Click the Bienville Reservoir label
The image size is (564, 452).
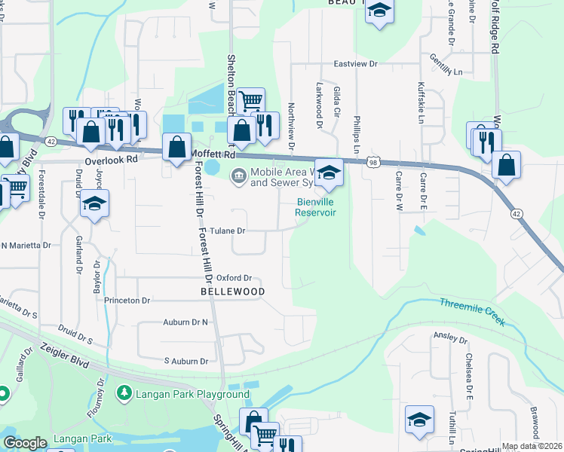pos(314,207)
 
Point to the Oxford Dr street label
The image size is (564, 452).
pos(233,277)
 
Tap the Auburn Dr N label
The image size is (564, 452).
pos(185,322)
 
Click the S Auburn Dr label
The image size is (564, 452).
pos(185,362)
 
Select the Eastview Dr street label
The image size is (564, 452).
pos(355,64)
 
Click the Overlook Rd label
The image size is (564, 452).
pos(111,160)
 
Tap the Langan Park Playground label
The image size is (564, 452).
pos(192,394)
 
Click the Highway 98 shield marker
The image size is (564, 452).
pos(373,162)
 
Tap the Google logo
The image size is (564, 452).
pos(25,443)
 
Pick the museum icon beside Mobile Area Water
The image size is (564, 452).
pos(238,176)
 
